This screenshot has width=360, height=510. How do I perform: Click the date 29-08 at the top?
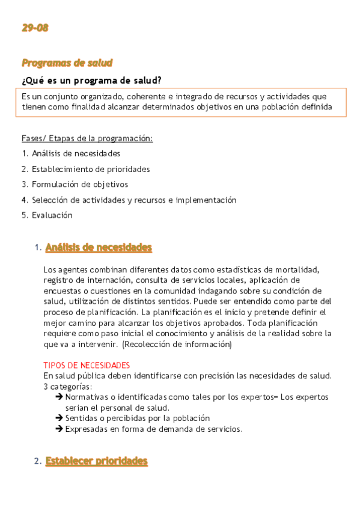[x=35, y=28]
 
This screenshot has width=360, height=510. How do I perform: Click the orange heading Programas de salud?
[x=67, y=63]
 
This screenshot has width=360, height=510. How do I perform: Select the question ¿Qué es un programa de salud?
[x=91, y=81]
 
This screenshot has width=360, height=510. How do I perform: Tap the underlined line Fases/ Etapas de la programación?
[x=87, y=138]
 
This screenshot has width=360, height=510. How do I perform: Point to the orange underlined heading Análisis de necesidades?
[x=99, y=247]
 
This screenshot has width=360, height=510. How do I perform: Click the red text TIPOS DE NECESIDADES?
[x=87, y=365]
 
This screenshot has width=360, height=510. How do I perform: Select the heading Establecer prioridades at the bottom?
[x=96, y=461]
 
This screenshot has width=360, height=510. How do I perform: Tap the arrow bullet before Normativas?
[x=59, y=398]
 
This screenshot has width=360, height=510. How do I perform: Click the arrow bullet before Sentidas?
[x=59, y=418]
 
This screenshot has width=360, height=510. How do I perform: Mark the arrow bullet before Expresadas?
[x=59, y=429]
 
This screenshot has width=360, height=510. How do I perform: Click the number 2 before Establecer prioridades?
[x=37, y=461]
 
